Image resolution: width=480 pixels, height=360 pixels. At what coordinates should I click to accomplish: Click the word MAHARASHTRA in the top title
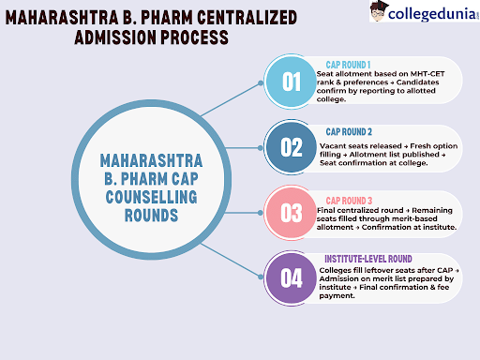tap(54, 17)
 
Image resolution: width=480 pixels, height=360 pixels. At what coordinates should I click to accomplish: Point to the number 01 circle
tap(291, 81)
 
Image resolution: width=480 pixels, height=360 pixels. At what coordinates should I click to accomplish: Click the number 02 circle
tap(291, 146)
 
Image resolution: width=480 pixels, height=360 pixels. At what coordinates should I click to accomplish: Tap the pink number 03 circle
tap(291, 213)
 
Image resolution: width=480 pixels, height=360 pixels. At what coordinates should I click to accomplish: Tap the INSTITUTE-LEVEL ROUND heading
tap(367, 258)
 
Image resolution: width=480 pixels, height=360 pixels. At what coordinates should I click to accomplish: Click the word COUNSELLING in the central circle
tap(149, 197)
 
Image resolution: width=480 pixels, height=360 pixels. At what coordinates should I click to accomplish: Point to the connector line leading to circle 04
tap(234, 265)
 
